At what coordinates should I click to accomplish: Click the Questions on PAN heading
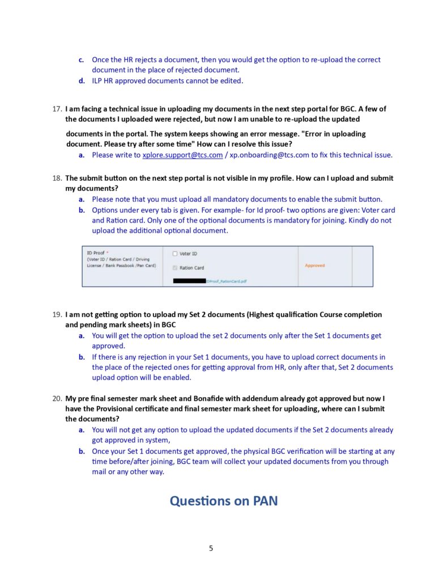click(x=224, y=501)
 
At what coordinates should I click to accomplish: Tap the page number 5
click(x=211, y=548)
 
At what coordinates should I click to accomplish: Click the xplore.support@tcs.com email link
click(x=182, y=155)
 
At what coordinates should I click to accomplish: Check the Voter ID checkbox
click(x=175, y=254)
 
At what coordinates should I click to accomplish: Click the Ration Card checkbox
click(x=175, y=268)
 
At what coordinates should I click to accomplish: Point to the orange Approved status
click(x=315, y=265)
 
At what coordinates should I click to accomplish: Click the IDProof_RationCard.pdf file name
click(x=227, y=281)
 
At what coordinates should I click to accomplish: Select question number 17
click(x=57, y=108)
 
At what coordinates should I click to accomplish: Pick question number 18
click(x=57, y=178)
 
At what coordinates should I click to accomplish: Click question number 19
click(x=57, y=314)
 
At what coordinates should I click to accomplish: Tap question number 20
click(x=57, y=398)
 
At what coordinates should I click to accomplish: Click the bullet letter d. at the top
click(x=82, y=81)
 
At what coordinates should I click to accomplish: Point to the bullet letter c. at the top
click(x=82, y=59)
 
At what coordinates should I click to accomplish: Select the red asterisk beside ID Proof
click(x=108, y=253)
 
